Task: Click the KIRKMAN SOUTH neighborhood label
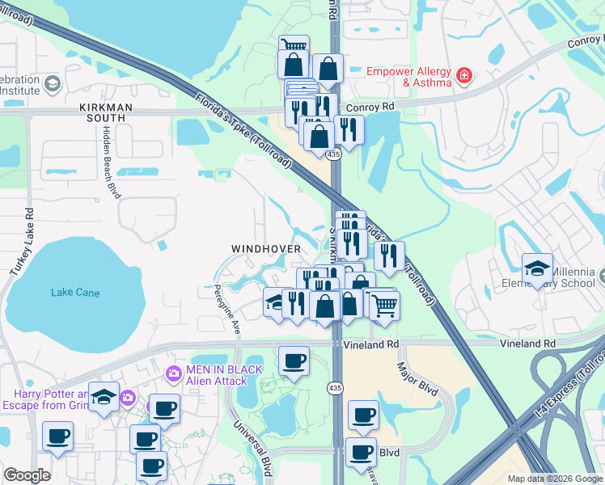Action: point(102,112)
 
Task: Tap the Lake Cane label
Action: point(75,293)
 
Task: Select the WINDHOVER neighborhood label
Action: point(266,248)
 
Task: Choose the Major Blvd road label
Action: point(417,379)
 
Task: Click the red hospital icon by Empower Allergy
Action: point(464,77)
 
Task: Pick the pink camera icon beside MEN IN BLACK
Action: point(172,374)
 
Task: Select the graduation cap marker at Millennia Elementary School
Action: point(537,269)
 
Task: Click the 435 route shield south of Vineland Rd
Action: point(335,389)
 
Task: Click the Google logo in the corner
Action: point(27,475)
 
